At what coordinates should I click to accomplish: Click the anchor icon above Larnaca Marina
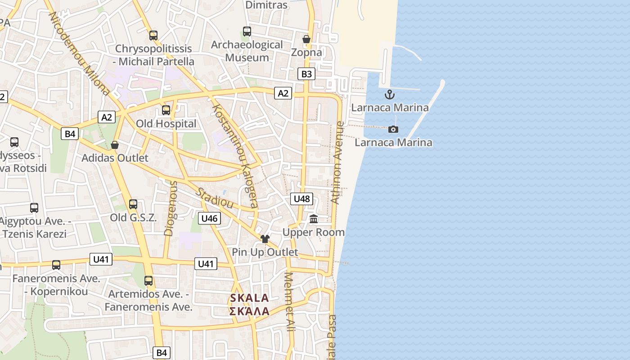pos(389,94)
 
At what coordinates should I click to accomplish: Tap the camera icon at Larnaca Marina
pos(393,130)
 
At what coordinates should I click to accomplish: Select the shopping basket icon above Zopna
pos(306,40)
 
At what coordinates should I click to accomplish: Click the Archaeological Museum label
pos(247,51)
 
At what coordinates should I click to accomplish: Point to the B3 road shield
pos(306,74)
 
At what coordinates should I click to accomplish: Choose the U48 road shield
pos(301,198)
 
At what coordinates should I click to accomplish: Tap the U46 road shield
pos(209,219)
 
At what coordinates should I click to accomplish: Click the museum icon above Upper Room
pos(314,219)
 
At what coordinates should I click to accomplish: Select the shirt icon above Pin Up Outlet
pos(265,238)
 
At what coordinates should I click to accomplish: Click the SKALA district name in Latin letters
pos(249,298)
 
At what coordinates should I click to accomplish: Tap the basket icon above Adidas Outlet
pos(115,145)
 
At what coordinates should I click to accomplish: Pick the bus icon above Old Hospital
pos(166,110)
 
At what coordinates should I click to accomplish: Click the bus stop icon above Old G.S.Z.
pos(133,204)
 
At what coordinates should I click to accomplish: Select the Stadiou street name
pos(214,198)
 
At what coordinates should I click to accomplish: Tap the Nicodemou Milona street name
pos(79,53)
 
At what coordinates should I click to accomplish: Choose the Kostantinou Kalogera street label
pos(235,156)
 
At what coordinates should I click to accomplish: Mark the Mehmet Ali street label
pos(289,302)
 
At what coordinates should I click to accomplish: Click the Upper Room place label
pos(313,232)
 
